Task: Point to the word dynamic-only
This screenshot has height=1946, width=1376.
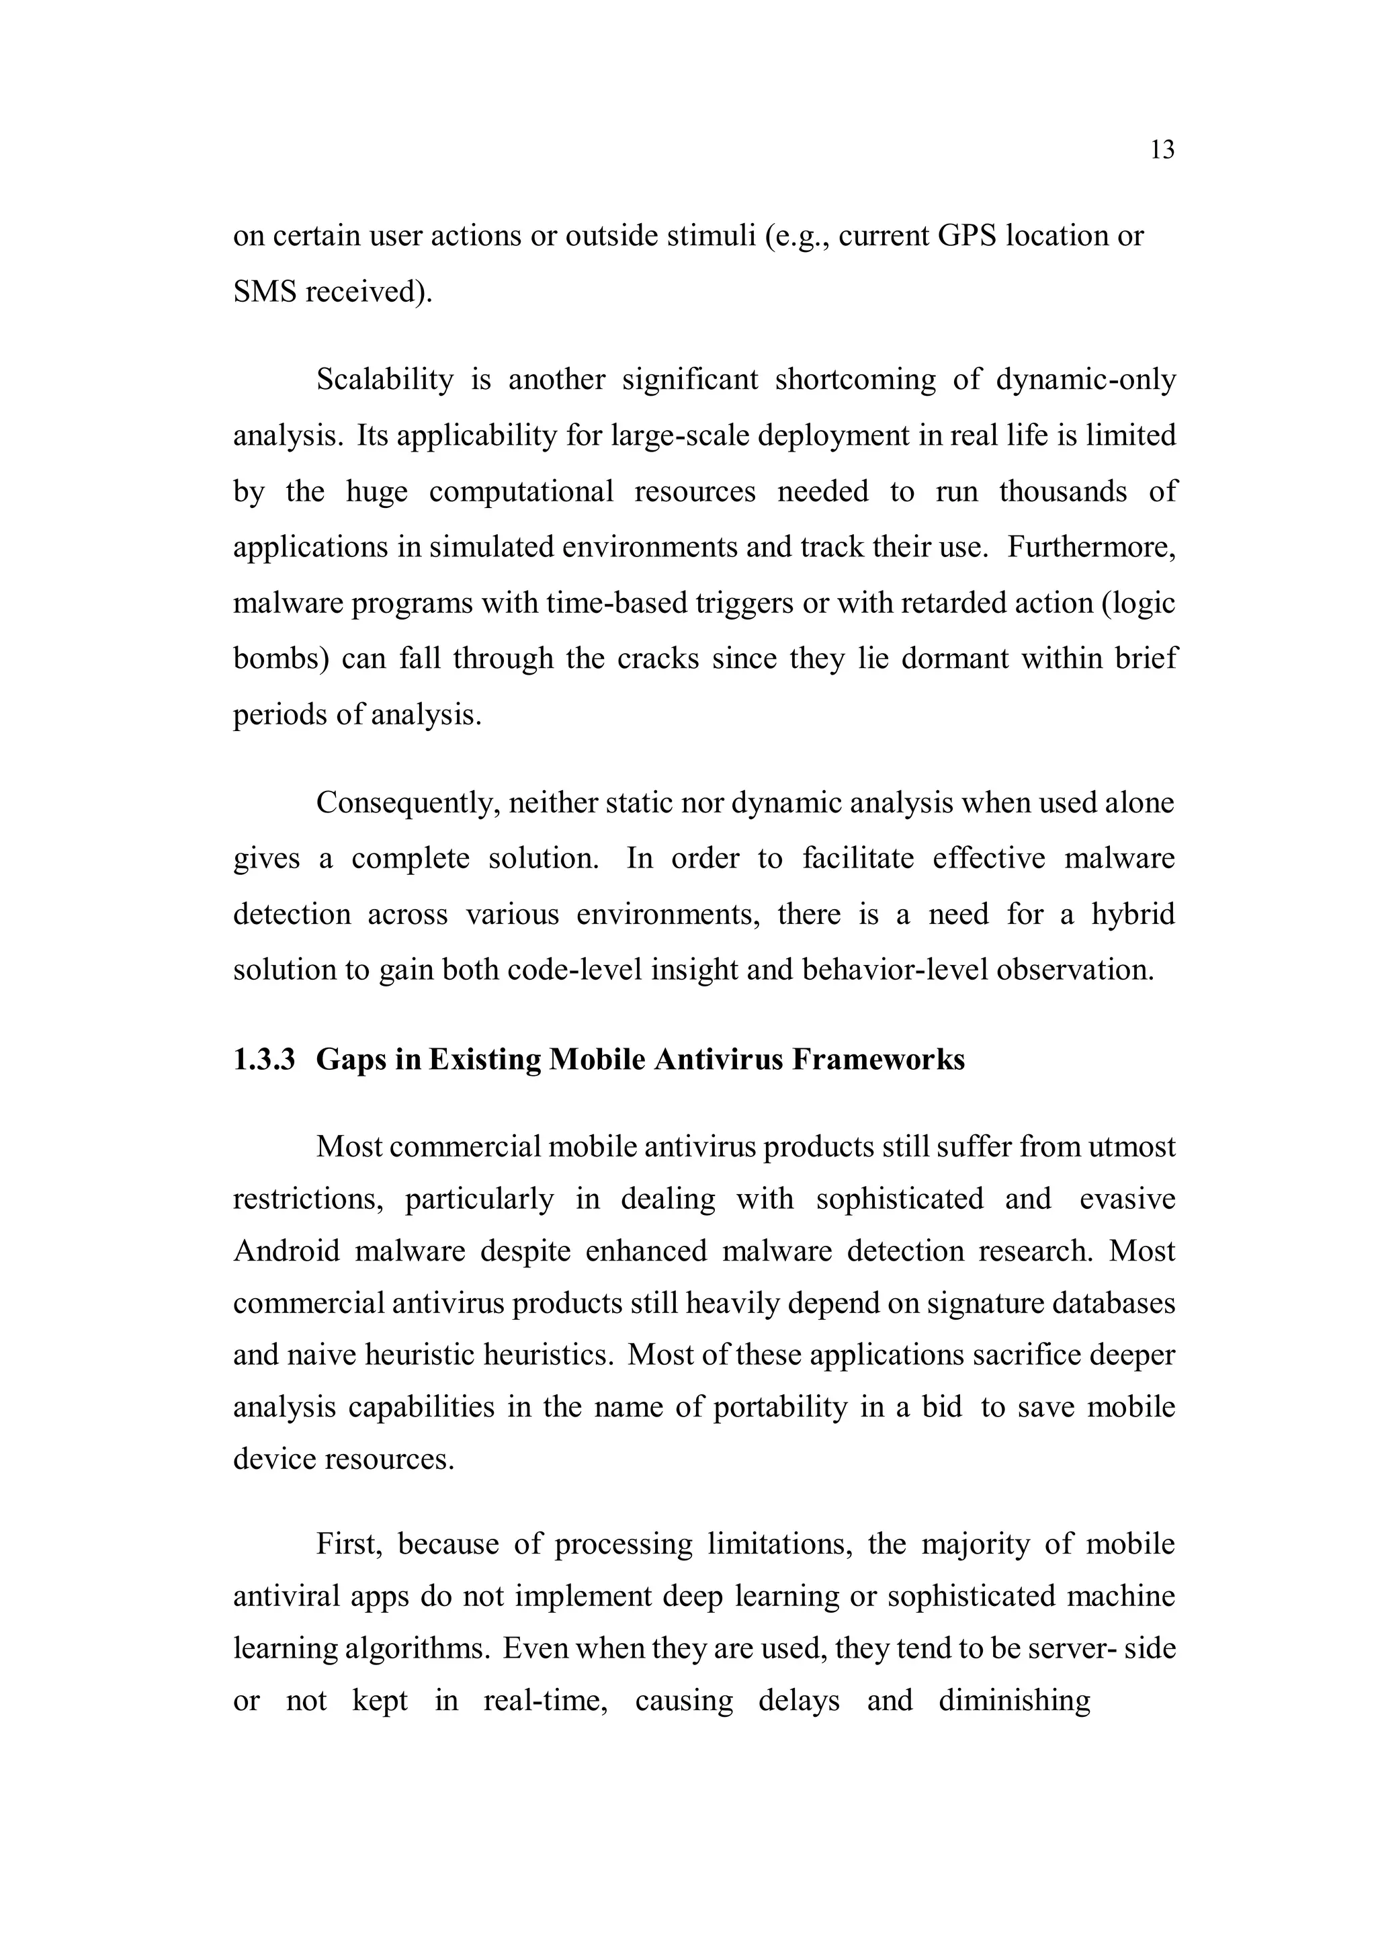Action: point(1085,379)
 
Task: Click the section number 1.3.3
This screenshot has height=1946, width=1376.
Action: point(263,1060)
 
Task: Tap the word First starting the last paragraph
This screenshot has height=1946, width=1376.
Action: point(350,1543)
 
